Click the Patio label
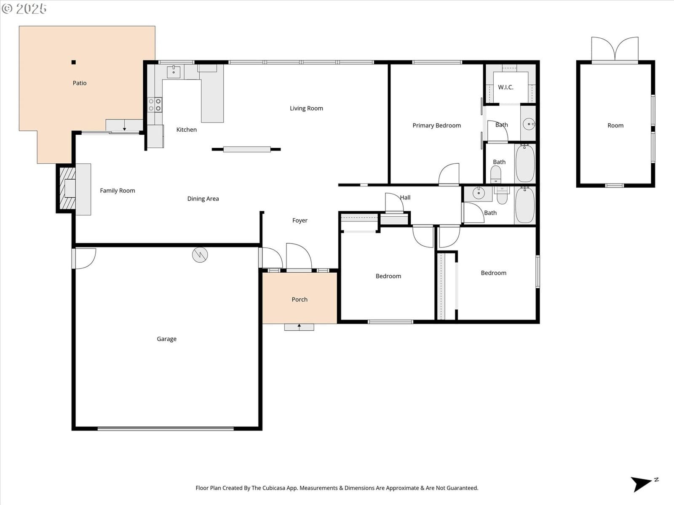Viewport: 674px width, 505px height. point(80,83)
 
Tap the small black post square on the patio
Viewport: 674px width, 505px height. point(74,63)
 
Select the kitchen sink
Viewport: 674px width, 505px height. point(174,72)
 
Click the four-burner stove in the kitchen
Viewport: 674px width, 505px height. point(155,104)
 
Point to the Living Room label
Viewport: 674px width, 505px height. point(306,108)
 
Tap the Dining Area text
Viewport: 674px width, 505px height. point(203,199)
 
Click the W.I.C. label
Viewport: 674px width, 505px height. point(505,88)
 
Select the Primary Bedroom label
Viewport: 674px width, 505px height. point(437,125)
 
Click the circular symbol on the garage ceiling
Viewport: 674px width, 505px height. point(200,255)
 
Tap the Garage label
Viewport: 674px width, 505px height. point(167,339)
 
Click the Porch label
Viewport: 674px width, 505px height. point(300,300)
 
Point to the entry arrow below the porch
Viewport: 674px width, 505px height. point(299,327)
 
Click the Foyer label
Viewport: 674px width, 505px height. point(300,221)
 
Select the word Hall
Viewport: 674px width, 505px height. point(405,198)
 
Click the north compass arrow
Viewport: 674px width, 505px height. point(641,484)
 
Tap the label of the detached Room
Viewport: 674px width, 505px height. point(615,125)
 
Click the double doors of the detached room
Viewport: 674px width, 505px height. point(615,49)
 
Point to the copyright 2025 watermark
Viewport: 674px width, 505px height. point(24,8)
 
